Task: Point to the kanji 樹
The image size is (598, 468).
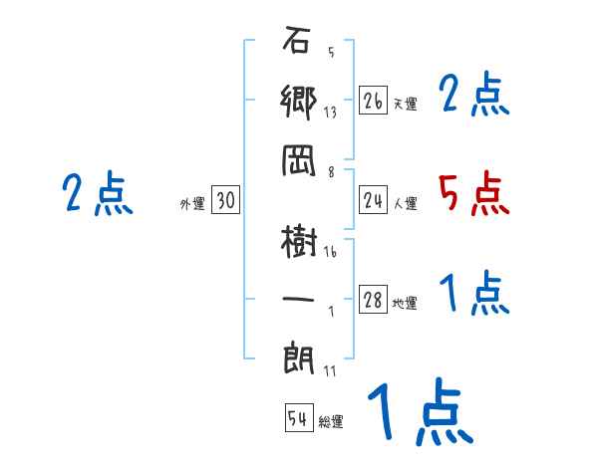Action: (299, 241)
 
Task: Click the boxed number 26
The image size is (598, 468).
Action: (373, 101)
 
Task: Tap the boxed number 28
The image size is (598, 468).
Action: (373, 301)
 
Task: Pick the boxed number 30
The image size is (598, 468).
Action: (225, 200)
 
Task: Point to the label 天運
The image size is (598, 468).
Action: (406, 104)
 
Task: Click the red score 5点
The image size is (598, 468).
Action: (474, 193)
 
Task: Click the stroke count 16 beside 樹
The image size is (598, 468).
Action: (330, 252)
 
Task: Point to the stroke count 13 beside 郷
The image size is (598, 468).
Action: (330, 112)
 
